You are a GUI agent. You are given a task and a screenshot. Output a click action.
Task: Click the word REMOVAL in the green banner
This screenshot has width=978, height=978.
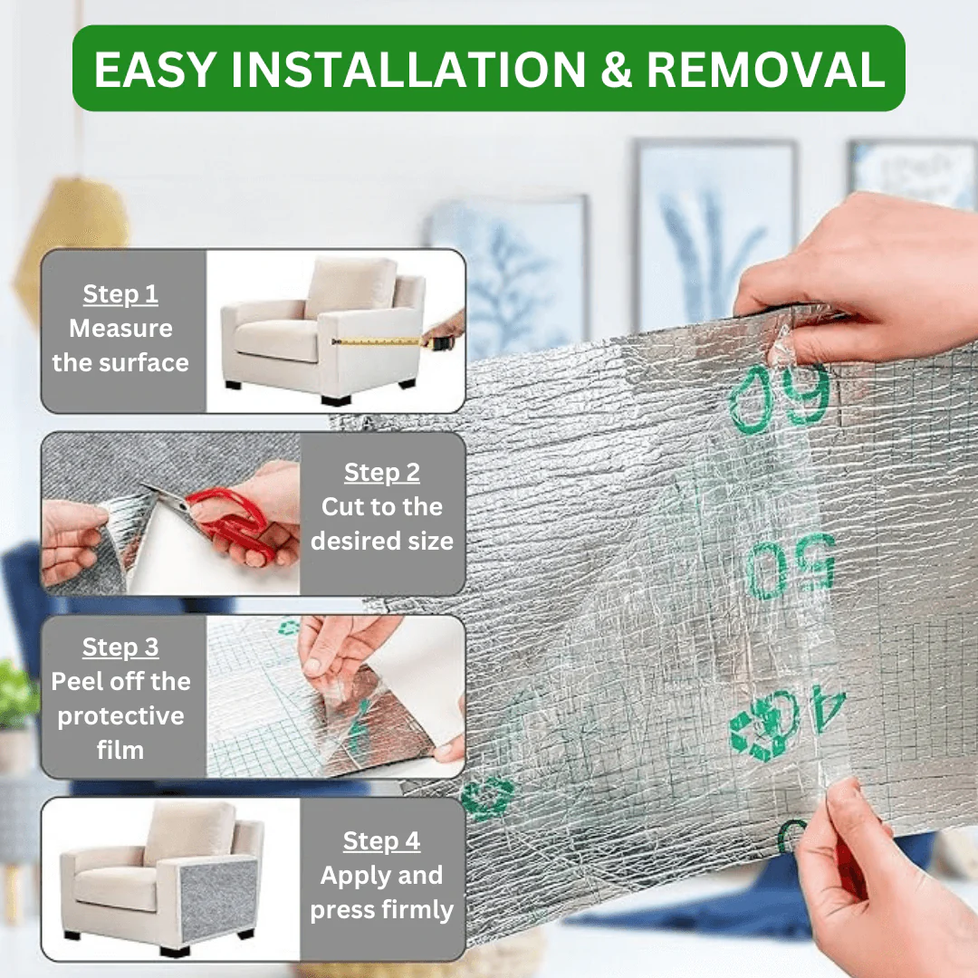(765, 69)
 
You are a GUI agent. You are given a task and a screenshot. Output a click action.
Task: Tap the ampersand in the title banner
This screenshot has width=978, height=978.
(616, 69)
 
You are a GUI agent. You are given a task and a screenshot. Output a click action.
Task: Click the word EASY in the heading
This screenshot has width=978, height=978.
(156, 69)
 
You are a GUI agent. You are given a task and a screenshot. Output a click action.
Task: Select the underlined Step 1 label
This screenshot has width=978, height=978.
(120, 294)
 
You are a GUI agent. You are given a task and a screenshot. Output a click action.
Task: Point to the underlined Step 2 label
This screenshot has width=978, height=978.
(382, 473)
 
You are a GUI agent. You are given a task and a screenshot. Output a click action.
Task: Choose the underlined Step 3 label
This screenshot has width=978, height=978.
(120, 647)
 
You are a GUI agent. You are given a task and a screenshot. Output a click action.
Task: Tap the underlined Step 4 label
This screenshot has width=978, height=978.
(382, 841)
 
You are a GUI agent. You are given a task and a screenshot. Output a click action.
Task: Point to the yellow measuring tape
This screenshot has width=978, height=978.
(378, 341)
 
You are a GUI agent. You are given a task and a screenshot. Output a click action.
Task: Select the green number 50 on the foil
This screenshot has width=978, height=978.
(791, 566)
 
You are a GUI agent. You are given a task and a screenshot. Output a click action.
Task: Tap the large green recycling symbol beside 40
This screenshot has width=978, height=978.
(764, 727)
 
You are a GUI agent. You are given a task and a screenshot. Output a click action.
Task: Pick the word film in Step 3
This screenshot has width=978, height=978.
(120, 751)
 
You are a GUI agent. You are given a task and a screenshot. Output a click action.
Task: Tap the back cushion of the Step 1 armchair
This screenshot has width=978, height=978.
(350, 287)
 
